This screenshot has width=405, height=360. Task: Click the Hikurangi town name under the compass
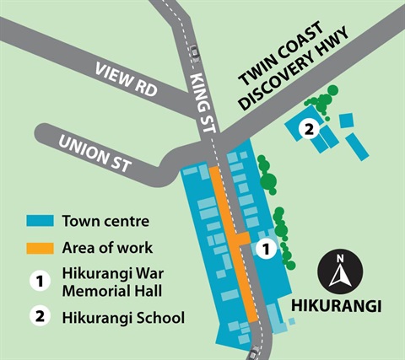339,304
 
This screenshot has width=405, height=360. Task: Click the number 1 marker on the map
265,249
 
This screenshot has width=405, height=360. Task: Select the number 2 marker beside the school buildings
309,129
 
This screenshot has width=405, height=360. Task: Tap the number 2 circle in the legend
38,318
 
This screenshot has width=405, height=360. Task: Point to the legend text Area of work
107,248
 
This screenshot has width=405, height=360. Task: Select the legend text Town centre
105,223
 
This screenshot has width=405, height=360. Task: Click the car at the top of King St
195,51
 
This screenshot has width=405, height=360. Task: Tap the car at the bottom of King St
255,351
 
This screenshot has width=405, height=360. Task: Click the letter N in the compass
340,258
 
